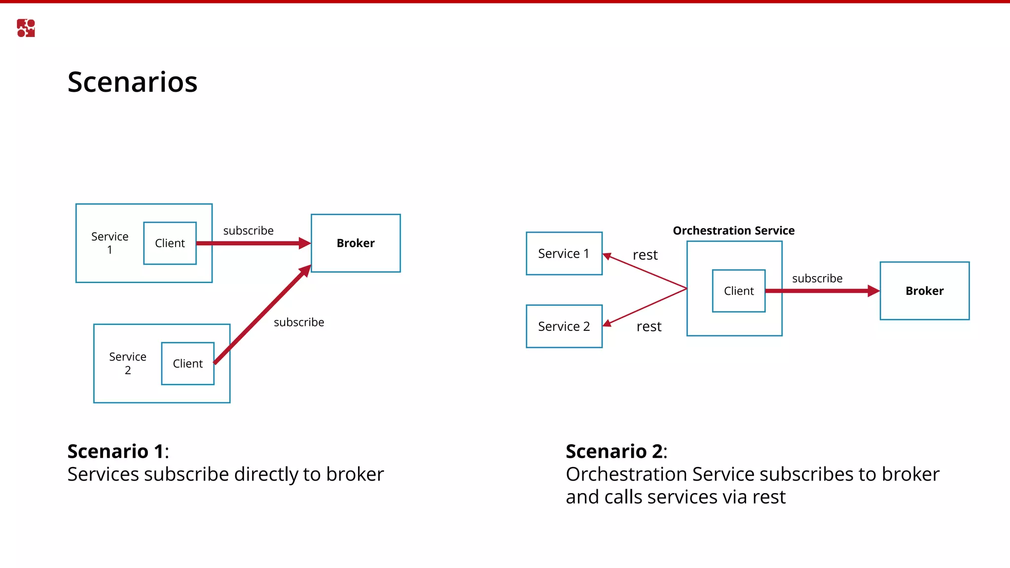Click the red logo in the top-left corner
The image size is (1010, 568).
click(x=26, y=28)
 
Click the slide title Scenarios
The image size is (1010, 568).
click(x=132, y=82)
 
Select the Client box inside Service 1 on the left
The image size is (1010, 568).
click(x=170, y=243)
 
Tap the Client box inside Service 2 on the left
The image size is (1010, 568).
click(x=187, y=363)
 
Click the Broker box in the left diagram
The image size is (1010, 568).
click(x=356, y=243)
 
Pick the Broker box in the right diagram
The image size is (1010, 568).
click(x=924, y=291)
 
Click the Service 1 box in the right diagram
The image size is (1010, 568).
click(x=564, y=253)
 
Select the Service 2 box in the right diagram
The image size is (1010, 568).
click(x=564, y=326)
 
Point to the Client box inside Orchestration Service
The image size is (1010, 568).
click(x=738, y=291)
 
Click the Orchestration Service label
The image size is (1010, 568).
click(x=733, y=231)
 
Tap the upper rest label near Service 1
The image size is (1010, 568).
click(x=645, y=255)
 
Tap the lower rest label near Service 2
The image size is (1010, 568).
click(x=649, y=326)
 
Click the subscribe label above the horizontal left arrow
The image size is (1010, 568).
click(x=248, y=231)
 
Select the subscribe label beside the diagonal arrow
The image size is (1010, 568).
click(x=299, y=322)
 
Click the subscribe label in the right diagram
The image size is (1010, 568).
click(x=817, y=279)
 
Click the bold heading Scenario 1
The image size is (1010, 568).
click(x=115, y=451)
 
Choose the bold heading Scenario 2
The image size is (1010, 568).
click(x=613, y=451)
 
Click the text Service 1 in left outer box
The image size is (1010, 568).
click(x=109, y=243)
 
